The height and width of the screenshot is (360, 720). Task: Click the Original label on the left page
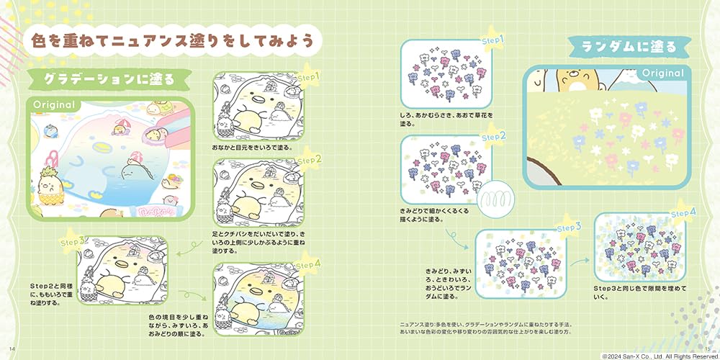tap(54, 105)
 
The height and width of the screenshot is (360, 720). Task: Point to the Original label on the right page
tap(662, 73)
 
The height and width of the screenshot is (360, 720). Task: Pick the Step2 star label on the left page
tap(308, 158)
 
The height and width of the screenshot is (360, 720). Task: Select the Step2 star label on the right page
tap(493, 136)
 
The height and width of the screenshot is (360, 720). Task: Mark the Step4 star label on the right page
tap(683, 212)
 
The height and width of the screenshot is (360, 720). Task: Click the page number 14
tap(13, 349)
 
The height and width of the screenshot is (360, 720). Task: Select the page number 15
tap(708, 349)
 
